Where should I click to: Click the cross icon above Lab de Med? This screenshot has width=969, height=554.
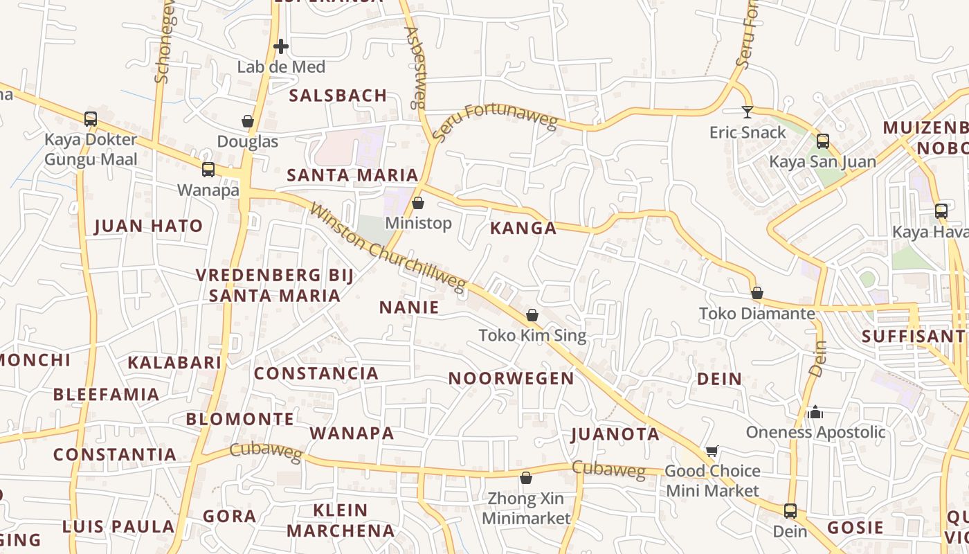tap(281, 47)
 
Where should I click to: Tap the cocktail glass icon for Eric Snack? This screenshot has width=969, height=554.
tap(748, 111)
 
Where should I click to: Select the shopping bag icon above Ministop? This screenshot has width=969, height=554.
tap(418, 203)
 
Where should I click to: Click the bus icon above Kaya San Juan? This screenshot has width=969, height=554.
tap(823, 141)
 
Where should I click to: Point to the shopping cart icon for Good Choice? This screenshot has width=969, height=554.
tap(712, 452)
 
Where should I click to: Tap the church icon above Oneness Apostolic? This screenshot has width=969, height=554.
tap(815, 412)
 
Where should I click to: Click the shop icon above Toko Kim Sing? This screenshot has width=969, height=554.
tap(532, 316)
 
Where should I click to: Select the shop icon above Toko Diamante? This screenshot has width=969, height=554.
tap(757, 294)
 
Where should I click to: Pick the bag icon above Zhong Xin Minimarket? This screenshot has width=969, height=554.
tap(526, 479)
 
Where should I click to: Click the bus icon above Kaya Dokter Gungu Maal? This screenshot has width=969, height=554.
tap(91, 119)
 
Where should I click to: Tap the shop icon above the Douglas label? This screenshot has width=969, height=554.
tap(248, 122)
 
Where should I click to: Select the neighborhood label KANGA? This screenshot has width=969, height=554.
tap(523, 229)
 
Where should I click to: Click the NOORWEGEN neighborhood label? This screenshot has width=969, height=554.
tap(511, 379)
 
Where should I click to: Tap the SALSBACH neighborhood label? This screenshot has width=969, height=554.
tap(338, 96)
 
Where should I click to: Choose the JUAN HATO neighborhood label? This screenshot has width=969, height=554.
tap(148, 226)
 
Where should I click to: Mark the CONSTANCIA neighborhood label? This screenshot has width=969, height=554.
tap(316, 374)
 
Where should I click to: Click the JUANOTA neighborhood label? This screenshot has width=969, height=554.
tap(615, 434)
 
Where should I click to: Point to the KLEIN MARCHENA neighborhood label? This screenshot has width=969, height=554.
tap(341, 521)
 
